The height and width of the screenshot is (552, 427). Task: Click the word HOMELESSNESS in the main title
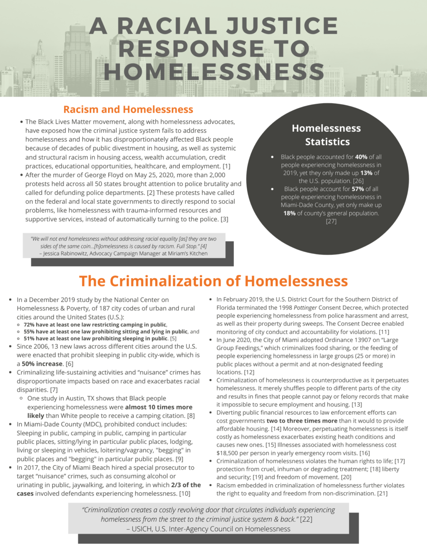pos(213,72)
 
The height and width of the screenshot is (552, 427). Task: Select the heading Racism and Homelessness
pos(128,109)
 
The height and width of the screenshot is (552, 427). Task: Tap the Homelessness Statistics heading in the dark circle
pos(326,135)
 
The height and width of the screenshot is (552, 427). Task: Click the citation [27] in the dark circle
pos(331,221)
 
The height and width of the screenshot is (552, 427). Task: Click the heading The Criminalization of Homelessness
pos(213,281)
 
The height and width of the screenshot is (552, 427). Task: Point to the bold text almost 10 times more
pos(159,407)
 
